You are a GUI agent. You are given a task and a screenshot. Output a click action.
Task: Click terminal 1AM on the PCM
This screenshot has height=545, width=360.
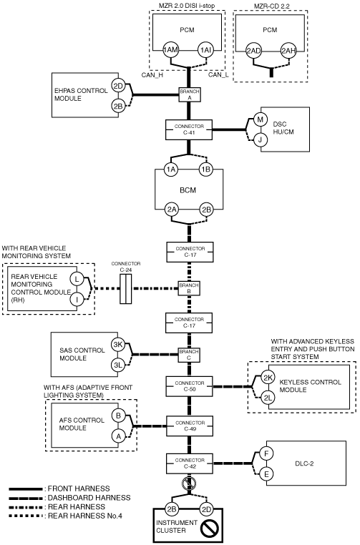(x=170, y=50)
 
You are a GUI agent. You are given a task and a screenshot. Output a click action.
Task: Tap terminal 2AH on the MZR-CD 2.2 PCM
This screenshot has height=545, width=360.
(x=288, y=51)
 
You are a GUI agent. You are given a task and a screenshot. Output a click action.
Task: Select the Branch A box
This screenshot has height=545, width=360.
(x=190, y=94)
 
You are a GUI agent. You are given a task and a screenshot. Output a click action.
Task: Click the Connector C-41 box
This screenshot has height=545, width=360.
(x=189, y=129)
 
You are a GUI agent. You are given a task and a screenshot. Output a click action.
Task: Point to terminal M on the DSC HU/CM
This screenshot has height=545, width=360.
(x=260, y=120)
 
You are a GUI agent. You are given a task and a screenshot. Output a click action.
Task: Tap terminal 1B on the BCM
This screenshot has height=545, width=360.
(x=206, y=170)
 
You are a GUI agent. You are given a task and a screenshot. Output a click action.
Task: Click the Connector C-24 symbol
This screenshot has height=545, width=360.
(x=125, y=289)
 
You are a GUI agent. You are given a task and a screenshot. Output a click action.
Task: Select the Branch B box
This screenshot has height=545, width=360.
(x=189, y=288)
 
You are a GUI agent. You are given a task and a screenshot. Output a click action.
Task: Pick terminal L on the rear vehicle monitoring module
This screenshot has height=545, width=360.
(x=77, y=279)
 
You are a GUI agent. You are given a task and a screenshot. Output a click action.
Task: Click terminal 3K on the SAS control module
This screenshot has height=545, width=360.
(x=118, y=345)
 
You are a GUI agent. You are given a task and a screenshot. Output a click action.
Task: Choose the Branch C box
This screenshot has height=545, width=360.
(x=189, y=355)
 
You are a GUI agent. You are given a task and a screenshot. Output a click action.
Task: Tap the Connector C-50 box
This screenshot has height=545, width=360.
(x=190, y=386)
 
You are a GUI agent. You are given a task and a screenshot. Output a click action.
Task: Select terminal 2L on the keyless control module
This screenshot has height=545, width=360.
(x=268, y=398)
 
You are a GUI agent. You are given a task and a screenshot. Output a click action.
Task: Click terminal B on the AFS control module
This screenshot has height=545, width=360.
(x=118, y=416)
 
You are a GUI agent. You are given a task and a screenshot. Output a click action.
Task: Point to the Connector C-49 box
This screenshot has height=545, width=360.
(x=190, y=426)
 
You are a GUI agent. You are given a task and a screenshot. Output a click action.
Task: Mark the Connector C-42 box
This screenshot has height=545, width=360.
(x=190, y=463)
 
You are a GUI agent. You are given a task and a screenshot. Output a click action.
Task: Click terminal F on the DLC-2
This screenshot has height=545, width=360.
(x=266, y=453)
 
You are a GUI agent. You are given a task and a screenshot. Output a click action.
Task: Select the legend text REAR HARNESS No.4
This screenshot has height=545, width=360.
(x=85, y=516)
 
